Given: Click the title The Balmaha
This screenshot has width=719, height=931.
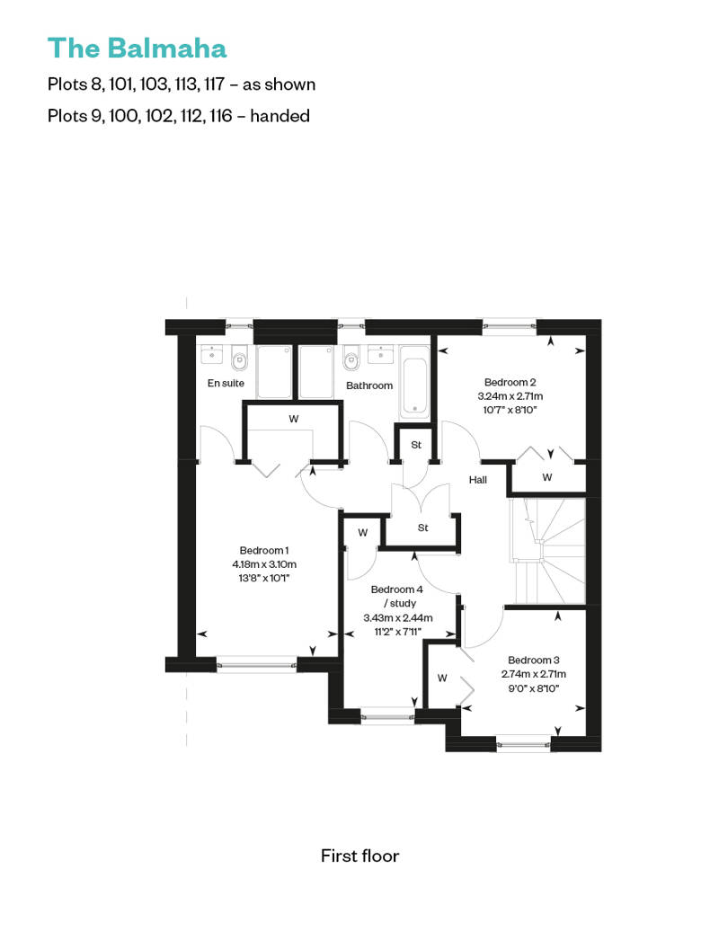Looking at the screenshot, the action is click(138, 49).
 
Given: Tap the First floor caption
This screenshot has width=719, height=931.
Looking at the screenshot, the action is click(359, 856).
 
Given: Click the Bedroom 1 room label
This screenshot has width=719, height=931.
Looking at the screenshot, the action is click(264, 550).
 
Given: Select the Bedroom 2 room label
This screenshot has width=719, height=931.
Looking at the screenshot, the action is click(510, 383).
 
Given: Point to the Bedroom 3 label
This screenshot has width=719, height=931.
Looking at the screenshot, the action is click(534, 660).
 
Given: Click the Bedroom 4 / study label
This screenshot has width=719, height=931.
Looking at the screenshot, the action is click(397, 596).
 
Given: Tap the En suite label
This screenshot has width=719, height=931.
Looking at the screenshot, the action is click(226, 383).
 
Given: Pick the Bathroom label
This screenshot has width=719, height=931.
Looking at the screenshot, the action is click(369, 386).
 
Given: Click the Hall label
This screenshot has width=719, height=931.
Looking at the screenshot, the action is click(478, 480).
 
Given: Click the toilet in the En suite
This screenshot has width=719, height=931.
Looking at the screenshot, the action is click(239, 358).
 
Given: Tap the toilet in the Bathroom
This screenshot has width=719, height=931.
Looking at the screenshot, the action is click(351, 358).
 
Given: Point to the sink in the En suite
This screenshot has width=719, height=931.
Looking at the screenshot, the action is click(211, 354).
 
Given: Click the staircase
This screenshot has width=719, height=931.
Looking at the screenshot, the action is click(547, 551).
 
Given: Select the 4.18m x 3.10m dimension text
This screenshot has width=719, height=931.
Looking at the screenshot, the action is click(264, 564).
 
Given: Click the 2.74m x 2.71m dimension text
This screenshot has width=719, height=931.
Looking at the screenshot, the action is click(534, 674).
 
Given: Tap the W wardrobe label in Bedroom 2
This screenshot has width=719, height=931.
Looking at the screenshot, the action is click(547, 477).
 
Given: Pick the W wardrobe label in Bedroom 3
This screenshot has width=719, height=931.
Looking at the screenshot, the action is click(442, 678).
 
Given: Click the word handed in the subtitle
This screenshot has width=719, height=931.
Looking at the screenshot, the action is click(280, 115).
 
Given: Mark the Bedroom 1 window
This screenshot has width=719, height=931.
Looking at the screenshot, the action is click(256, 664).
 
